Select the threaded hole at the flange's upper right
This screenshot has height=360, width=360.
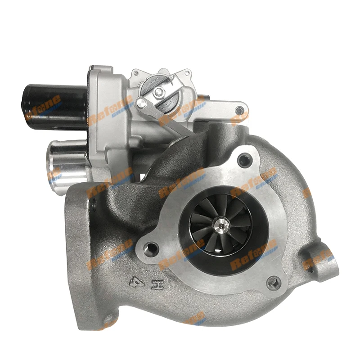244,158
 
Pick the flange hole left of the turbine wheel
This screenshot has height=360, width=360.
150,247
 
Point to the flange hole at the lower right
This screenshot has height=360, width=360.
273,283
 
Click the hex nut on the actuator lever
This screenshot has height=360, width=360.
159,92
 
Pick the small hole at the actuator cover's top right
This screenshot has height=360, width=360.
186,72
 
